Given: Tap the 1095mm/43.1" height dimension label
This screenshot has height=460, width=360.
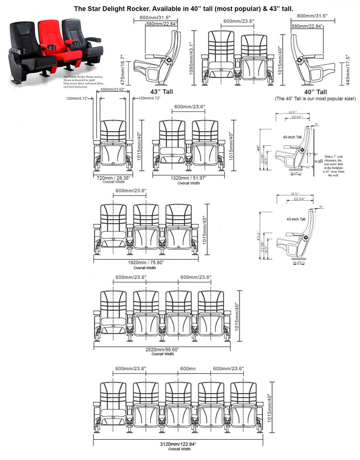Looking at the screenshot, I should click(192, 58).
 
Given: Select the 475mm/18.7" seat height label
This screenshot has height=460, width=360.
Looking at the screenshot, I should click(123, 70).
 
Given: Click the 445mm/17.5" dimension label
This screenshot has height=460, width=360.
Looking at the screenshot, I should click(348, 70).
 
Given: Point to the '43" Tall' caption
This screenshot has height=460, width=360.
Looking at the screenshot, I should click(161, 92).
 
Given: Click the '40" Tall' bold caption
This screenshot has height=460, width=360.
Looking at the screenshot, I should click(315, 92).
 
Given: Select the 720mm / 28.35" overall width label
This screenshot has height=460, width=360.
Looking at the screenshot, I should click(113, 178).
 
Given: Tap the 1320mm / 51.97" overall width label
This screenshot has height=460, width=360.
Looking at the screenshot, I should click(188, 178).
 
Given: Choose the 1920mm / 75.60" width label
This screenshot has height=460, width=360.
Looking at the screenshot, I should click(146, 263).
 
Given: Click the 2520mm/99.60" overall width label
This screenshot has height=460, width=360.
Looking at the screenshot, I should click(162, 349).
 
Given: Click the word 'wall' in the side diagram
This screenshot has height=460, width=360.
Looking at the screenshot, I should click(319, 161).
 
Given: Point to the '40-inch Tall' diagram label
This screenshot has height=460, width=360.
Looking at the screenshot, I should click(292, 137).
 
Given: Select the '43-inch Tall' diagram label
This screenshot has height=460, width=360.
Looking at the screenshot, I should click(296, 219).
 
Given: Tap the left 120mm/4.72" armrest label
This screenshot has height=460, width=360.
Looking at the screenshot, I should click(79, 98).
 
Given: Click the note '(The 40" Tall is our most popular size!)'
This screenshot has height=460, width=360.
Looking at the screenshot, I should click(315, 99).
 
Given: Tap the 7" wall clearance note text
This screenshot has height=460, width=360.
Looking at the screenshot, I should click(334, 166).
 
